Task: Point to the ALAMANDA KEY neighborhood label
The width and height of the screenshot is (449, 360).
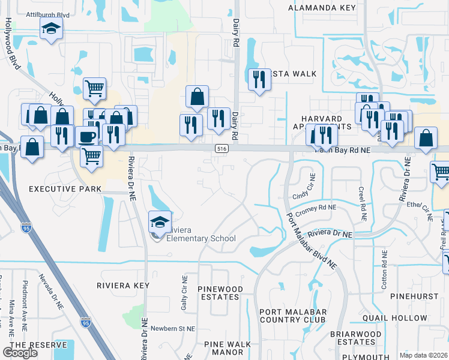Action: point(322,8)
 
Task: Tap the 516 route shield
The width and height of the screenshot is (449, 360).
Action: point(221,148)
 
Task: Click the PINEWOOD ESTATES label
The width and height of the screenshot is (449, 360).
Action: point(220,293)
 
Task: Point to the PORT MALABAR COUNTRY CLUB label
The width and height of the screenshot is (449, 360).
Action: point(293,316)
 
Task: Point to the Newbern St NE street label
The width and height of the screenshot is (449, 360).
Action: point(173,329)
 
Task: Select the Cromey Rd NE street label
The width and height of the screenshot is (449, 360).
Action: point(316,207)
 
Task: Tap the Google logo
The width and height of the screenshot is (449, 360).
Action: point(20,352)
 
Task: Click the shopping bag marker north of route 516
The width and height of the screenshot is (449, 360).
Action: point(197,96)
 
